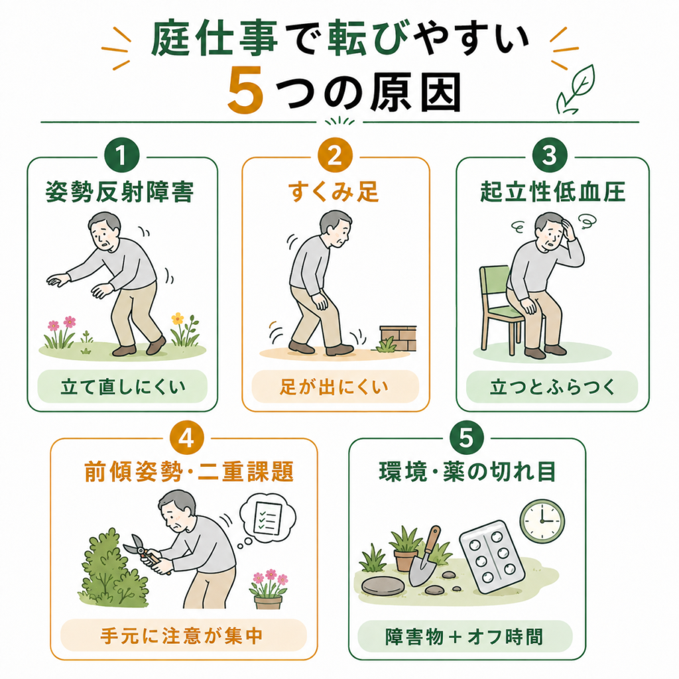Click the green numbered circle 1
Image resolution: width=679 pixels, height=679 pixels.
pos(122,155)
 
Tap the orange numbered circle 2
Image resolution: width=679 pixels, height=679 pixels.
pos(335,155)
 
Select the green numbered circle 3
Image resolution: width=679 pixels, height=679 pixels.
pos(550,155)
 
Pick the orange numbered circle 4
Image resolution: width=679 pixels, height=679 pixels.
pos(186,438)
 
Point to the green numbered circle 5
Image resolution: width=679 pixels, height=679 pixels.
pos(467,438)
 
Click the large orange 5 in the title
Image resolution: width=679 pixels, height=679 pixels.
pos(245,90)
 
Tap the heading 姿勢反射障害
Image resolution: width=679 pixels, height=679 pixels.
pos(119,192)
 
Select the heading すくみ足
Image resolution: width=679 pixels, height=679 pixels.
pos(334,192)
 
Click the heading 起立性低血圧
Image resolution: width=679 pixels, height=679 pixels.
pos(552,192)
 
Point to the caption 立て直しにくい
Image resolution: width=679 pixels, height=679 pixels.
pos(123,387)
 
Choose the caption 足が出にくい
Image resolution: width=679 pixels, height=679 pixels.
pos(334,387)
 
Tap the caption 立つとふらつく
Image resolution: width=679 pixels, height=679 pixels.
pos(552,387)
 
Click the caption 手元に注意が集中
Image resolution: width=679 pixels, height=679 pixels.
pos(182,636)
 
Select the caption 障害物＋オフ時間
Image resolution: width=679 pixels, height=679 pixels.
pos(464,637)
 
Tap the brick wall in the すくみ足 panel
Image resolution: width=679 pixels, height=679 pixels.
pos(399,338)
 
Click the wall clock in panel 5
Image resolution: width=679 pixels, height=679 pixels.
pos(542,521)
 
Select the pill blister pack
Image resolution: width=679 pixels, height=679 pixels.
pos(493,557)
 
